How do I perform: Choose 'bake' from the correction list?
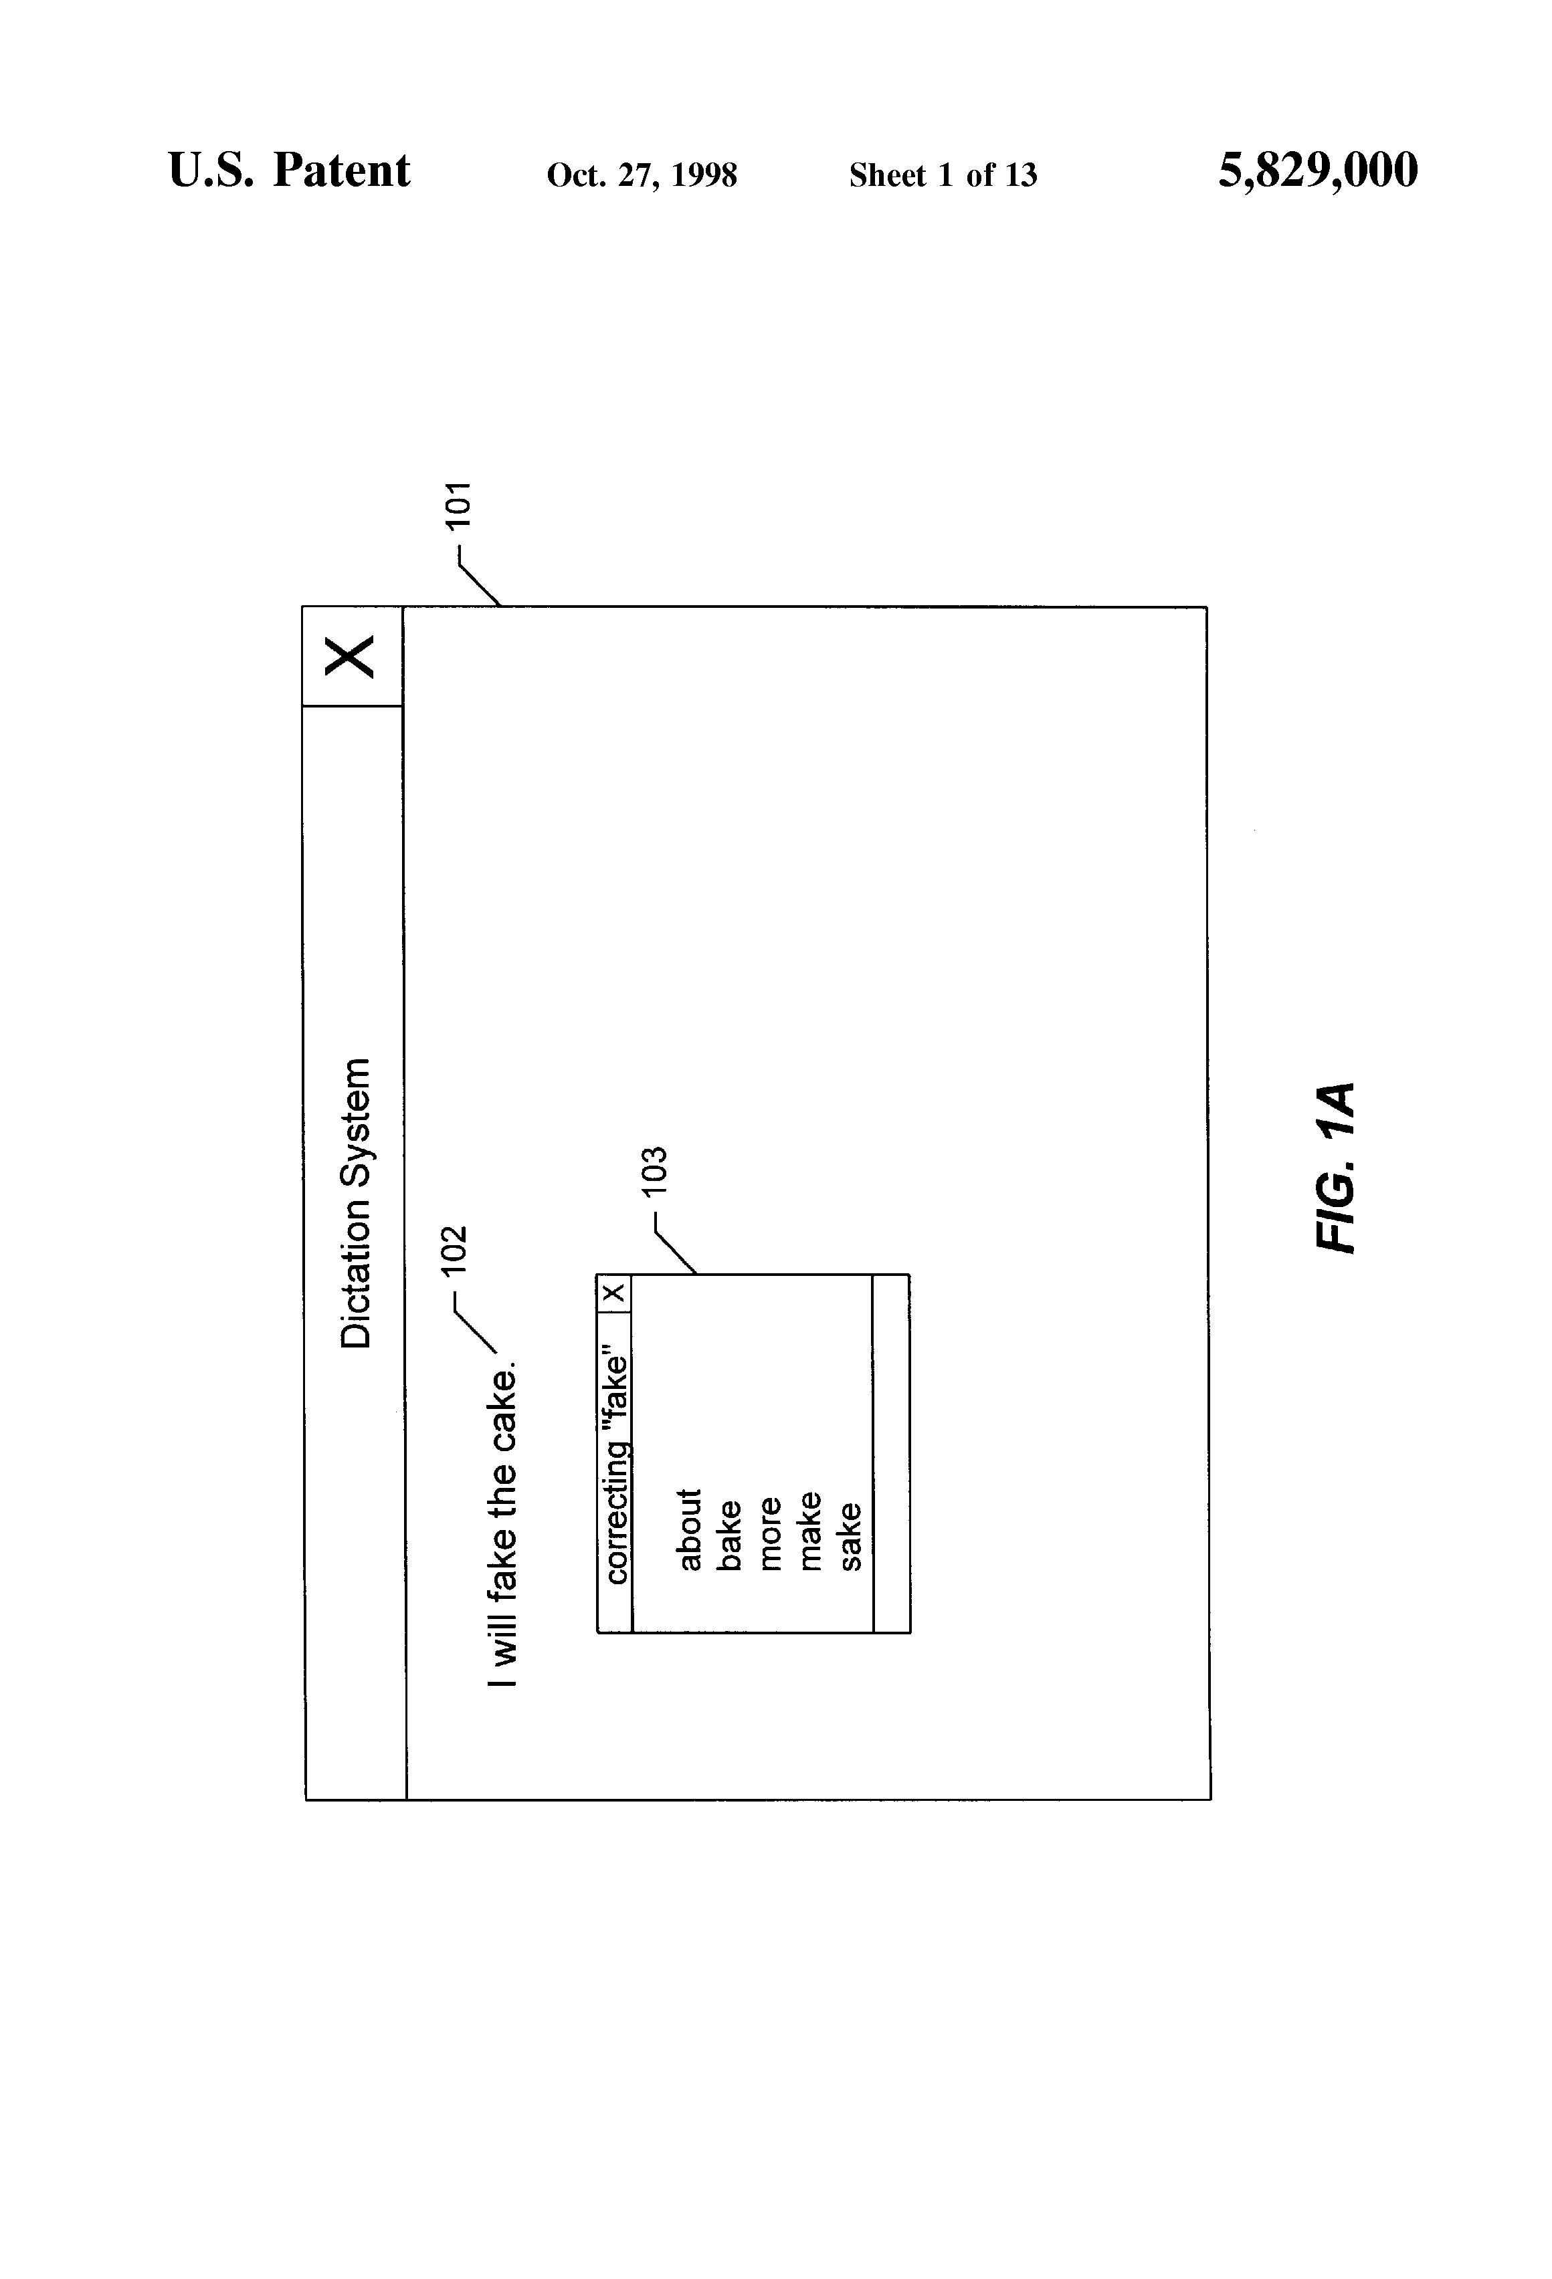coord(730,1535)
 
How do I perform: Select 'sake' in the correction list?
coord(850,1535)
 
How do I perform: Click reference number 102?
coord(454,1251)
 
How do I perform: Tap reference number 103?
coord(654,1170)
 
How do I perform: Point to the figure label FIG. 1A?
coord(1335,1167)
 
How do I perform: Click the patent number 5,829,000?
coord(1318,171)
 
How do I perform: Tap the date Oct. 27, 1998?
coord(642,175)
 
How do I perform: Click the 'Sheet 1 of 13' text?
coord(943,175)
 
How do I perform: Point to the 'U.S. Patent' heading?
coord(290,171)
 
